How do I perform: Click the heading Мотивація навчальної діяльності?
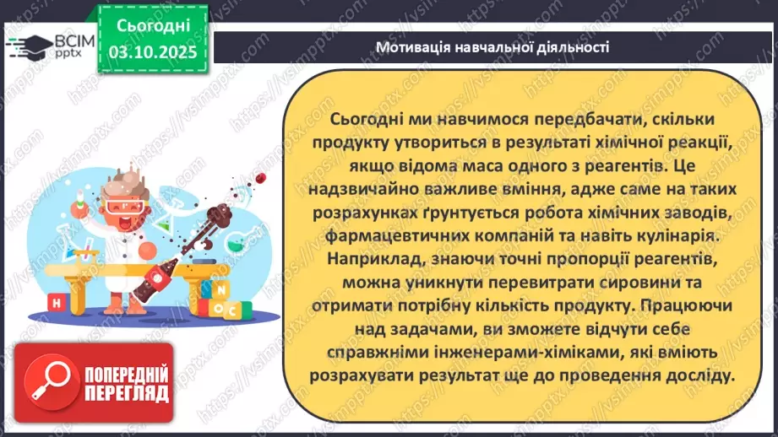[x=492, y=46]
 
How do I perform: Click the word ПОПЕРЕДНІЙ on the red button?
[x=124, y=372]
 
